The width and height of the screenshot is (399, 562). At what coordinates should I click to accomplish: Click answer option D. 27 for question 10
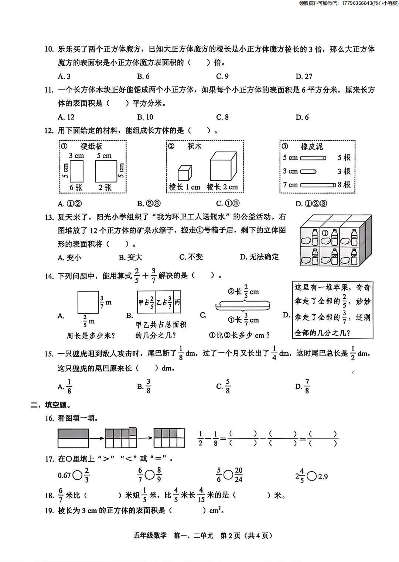point(304,76)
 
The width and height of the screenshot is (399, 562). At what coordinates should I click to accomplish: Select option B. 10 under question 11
point(145,117)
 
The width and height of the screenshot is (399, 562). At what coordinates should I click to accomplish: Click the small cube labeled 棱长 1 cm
point(185,173)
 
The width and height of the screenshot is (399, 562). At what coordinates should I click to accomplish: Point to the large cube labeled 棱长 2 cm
point(223,166)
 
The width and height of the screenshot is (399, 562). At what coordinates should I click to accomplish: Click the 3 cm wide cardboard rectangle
point(76,171)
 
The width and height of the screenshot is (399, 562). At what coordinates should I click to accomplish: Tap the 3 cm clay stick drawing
point(308,171)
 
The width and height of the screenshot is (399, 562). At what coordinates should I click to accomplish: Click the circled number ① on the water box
point(325,233)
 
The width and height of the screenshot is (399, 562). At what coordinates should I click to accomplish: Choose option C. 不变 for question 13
point(191,257)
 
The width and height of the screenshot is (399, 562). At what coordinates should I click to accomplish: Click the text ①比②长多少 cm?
point(239,335)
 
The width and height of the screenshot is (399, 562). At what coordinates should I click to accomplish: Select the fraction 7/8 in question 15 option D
point(307,386)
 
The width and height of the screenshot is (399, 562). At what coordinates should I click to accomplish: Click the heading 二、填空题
point(51,405)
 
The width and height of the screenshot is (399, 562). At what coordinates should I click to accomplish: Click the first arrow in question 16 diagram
point(96,438)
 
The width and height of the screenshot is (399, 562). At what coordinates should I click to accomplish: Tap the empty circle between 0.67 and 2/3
point(78,475)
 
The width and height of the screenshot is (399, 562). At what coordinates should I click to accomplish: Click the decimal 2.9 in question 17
point(323,476)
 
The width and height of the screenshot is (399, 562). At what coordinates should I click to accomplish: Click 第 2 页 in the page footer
point(230,535)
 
